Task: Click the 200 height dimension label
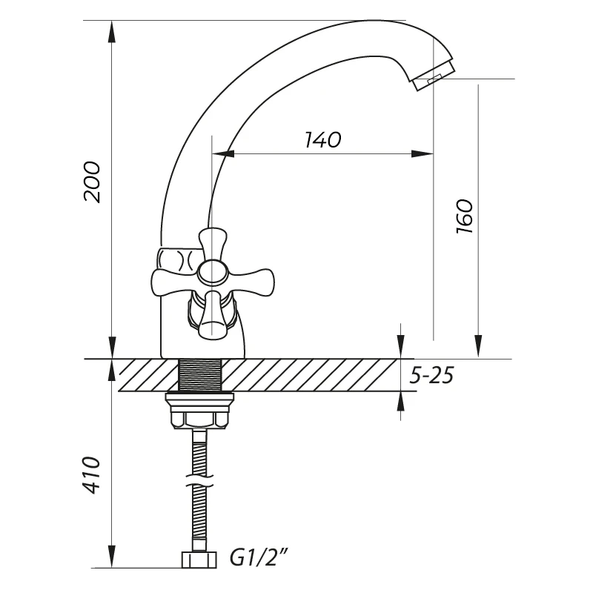click(x=93, y=182)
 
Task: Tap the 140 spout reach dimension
click(x=322, y=140)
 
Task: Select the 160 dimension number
click(x=465, y=216)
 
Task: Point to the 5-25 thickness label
click(x=431, y=376)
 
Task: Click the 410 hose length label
click(x=92, y=475)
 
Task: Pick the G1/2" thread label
click(x=259, y=558)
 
